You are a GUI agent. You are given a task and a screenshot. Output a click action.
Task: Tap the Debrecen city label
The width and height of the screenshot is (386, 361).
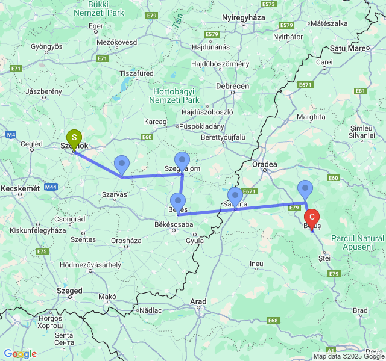[x=233, y=86]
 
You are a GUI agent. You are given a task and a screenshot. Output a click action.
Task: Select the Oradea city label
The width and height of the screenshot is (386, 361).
[x=265, y=164]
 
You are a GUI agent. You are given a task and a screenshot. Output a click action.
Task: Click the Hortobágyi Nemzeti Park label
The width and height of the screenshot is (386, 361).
[x=176, y=95]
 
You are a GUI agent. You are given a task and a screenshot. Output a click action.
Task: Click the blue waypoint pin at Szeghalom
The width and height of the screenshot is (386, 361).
[x=182, y=161]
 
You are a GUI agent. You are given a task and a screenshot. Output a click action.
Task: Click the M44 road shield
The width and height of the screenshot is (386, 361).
[x=51, y=187]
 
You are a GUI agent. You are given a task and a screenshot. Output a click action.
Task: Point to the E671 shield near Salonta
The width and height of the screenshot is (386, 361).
[x=250, y=191]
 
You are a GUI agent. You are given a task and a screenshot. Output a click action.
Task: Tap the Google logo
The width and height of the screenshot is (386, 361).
[x=20, y=354]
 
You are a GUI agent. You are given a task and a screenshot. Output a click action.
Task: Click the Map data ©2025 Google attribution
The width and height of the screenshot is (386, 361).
[x=348, y=356]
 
